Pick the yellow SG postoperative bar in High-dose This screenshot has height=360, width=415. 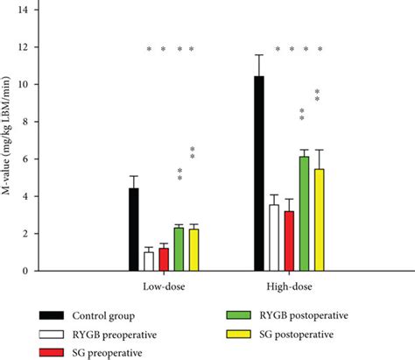pyautogui.click(x=319, y=220)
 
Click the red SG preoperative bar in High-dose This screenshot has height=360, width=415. pyautogui.click(x=289, y=241)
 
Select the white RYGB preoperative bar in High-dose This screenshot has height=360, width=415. pyautogui.click(x=274, y=237)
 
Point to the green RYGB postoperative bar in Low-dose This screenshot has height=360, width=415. pyautogui.click(x=179, y=250)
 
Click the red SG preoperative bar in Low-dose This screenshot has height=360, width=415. pyautogui.click(x=164, y=259)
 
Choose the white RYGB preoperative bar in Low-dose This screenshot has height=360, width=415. pyautogui.click(x=149, y=261)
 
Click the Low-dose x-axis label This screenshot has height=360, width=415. pyautogui.click(x=164, y=286)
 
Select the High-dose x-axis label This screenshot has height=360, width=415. pyautogui.click(x=289, y=286)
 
